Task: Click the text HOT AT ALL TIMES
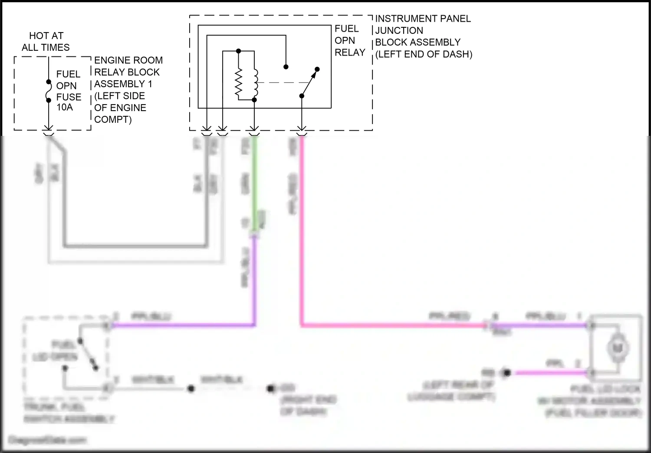(46, 42)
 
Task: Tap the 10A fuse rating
(65, 107)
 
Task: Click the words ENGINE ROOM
(128, 60)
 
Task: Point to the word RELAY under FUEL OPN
(350, 53)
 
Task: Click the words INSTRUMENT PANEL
(423, 19)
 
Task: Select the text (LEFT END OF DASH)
(424, 54)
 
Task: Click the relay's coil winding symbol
(255, 83)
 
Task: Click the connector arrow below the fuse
(49, 128)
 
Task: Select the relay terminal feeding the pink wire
(302, 128)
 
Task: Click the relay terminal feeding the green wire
(254, 128)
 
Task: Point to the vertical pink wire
(302, 230)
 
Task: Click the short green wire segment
(254, 182)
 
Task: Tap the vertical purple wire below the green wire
(254, 282)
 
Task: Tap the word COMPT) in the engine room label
(112, 119)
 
